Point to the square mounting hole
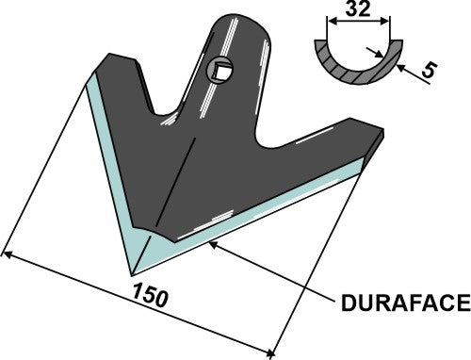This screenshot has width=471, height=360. click(219, 70)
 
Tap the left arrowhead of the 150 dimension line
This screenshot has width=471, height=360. click(8, 253)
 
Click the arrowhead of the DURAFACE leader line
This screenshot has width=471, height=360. click(214, 243)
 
